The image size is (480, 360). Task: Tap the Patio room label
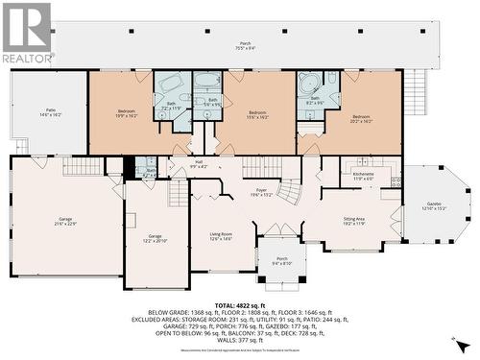tap(50, 112)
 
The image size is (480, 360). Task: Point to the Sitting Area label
tap(354, 221)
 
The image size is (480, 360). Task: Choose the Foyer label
tap(260, 192)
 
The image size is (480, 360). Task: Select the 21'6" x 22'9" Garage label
tap(64, 222)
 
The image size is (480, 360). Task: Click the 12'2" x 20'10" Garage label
tap(155, 238)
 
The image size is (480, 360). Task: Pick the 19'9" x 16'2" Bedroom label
tap(127, 113)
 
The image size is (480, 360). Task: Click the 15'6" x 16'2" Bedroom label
tap(257, 113)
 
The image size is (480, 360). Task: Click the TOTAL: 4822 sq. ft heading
tap(240, 304)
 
